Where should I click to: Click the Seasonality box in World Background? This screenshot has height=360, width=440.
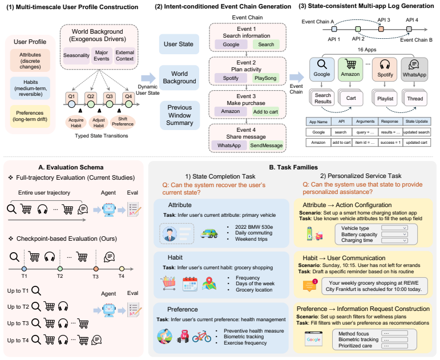76,55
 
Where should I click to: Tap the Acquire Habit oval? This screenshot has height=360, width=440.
76,123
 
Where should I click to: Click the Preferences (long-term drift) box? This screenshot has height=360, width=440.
30,116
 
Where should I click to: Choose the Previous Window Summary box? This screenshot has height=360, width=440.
180,115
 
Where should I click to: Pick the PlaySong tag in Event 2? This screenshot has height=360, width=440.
265,78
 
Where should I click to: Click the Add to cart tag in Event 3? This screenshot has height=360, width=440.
265,112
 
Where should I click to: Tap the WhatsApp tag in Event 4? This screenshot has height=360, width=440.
229,145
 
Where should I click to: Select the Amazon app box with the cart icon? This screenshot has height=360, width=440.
350,69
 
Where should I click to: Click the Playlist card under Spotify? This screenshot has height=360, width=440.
385,99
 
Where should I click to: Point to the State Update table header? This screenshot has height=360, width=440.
417,122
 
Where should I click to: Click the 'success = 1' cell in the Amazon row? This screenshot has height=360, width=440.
390,143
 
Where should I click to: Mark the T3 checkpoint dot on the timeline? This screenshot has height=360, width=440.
96,269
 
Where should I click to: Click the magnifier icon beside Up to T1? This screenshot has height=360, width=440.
36,291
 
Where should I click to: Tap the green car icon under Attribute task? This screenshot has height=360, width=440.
209,233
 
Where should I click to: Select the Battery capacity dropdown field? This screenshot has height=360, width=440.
394,234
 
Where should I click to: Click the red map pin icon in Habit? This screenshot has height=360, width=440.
209,284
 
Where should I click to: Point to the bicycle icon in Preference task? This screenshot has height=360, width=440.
201,336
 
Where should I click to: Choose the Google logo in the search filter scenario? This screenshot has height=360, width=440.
313,339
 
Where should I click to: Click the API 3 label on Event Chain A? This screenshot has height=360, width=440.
384,20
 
